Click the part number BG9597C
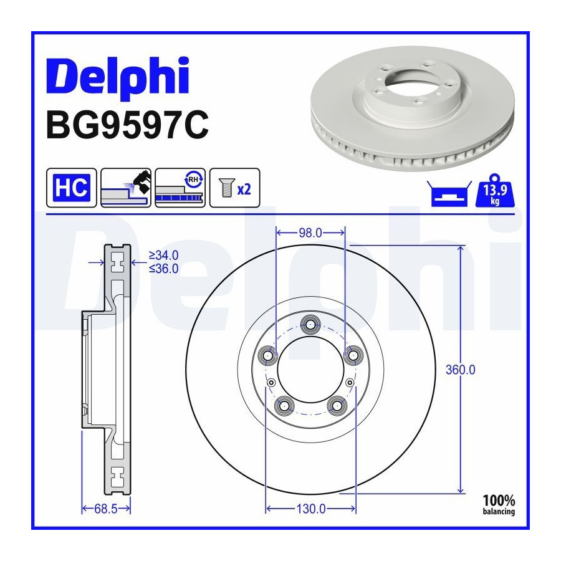tap(127, 125)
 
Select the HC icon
tap(72, 188)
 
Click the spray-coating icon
tap(126, 188)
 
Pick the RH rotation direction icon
tap(180, 188)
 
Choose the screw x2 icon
tap(235, 188)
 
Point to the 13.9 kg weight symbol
tap(495, 191)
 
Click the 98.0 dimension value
tap(310, 233)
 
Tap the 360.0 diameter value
tap(461, 370)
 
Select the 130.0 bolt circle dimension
tap(311, 509)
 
